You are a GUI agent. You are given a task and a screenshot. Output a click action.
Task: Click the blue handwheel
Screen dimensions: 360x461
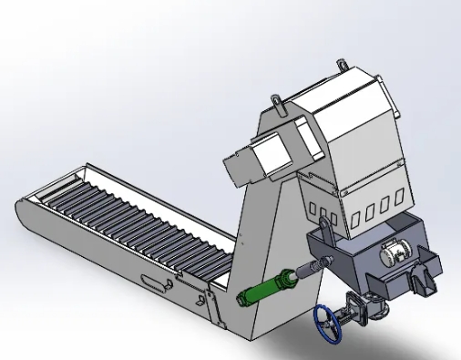329,324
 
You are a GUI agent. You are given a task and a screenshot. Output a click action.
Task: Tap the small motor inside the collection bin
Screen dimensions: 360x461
393,253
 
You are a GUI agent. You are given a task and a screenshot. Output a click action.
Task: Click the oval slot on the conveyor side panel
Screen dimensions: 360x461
156,283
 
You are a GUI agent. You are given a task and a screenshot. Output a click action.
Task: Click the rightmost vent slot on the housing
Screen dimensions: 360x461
396,201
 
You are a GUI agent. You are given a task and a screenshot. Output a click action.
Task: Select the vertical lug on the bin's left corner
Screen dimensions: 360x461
323,227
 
